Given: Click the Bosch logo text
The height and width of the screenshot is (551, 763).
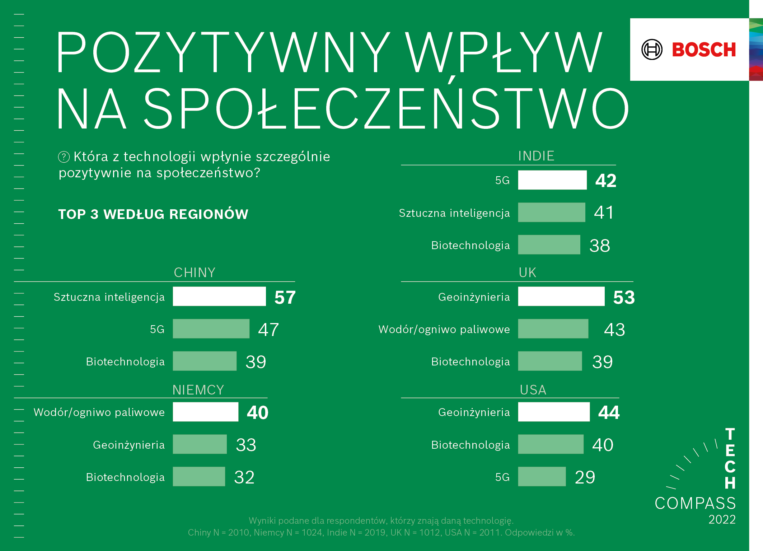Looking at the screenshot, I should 703,50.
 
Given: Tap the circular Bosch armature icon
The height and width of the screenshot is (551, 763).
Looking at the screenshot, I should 652,50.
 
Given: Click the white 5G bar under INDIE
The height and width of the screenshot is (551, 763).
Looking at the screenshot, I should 552,180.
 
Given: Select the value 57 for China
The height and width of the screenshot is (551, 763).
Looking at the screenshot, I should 285,297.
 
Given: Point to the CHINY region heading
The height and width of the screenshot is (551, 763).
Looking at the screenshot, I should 195,272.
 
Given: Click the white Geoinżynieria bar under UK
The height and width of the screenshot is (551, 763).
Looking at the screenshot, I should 561,296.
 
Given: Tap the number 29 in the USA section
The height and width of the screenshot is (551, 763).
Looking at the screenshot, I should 585,477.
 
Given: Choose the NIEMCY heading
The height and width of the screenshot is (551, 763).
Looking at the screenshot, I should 198,389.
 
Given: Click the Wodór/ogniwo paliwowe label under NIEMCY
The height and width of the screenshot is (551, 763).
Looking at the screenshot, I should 99,412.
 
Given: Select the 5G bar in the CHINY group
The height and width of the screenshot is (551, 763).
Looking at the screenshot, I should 211,329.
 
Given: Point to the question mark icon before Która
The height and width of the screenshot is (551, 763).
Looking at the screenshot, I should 64,157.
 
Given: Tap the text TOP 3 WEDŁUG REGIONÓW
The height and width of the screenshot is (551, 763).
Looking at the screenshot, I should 153,214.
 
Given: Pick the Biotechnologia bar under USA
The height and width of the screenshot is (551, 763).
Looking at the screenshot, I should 551,444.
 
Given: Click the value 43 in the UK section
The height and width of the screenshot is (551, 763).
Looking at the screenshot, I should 614,330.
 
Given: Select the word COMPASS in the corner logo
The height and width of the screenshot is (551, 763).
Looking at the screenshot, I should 695,503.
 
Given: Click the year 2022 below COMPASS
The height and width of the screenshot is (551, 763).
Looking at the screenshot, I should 722,519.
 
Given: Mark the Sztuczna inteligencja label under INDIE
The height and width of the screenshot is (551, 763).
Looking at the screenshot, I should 454,213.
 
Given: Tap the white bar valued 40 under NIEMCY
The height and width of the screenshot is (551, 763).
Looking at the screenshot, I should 205,412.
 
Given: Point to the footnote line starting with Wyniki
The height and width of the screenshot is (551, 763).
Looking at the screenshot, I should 381,520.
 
